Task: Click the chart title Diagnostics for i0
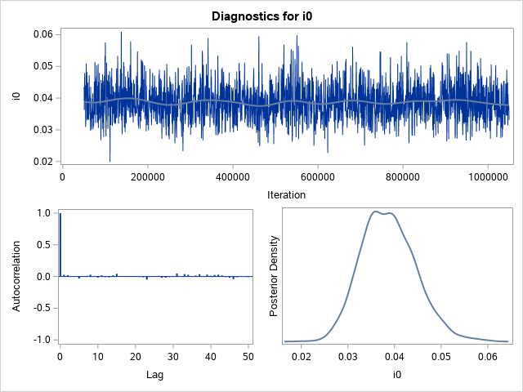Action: pyautogui.click(x=261, y=16)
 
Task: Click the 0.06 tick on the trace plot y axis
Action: pyautogui.click(x=42, y=33)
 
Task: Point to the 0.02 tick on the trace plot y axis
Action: pyautogui.click(x=42, y=162)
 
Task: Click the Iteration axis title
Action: pyautogui.click(x=286, y=194)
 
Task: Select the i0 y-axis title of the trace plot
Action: pyautogui.click(x=16, y=97)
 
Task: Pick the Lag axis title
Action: pyautogui.click(x=155, y=374)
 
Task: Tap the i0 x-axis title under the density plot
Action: pyautogui.click(x=395, y=374)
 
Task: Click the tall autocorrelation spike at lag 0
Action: pyautogui.click(x=60, y=245)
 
